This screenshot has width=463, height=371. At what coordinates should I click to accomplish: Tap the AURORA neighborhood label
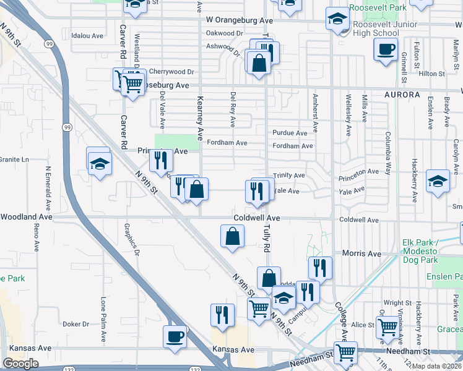pyautogui.click(x=402, y=95)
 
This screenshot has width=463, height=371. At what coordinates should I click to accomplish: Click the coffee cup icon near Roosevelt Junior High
pyautogui.click(x=386, y=49)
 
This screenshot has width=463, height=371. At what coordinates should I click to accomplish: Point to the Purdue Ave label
pyautogui.click(x=290, y=133)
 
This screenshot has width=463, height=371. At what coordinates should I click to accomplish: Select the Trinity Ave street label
pyautogui.click(x=290, y=176)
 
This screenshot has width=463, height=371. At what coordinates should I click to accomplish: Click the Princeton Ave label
pyautogui.click(x=358, y=172)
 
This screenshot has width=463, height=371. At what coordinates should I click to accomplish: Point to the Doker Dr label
pyautogui.click(x=76, y=324)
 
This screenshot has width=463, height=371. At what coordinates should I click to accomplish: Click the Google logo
pyautogui.click(x=20, y=364)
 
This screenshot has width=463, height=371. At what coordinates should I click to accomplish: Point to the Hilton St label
pyautogui.click(x=432, y=73)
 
